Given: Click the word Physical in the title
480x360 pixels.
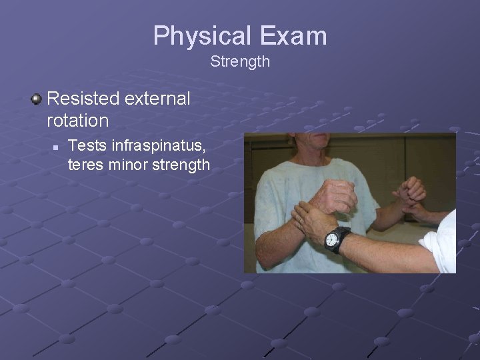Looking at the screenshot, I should pos(201,36).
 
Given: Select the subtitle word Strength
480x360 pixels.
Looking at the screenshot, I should pos(240,62).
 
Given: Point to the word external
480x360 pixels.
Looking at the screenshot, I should pos(157,99).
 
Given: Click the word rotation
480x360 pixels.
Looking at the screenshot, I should pos(77,121).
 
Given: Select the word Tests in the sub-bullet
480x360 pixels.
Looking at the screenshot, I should pos(85,145).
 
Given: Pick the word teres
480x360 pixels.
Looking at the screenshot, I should pos(86,164).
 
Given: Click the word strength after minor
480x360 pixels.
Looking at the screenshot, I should pos(182,164).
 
